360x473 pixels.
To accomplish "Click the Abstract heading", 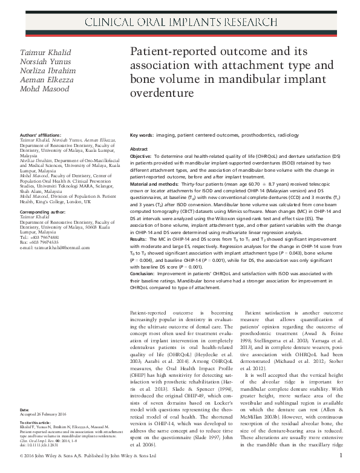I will tap(139, 149).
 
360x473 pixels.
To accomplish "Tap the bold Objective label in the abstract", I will tap(143, 156).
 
